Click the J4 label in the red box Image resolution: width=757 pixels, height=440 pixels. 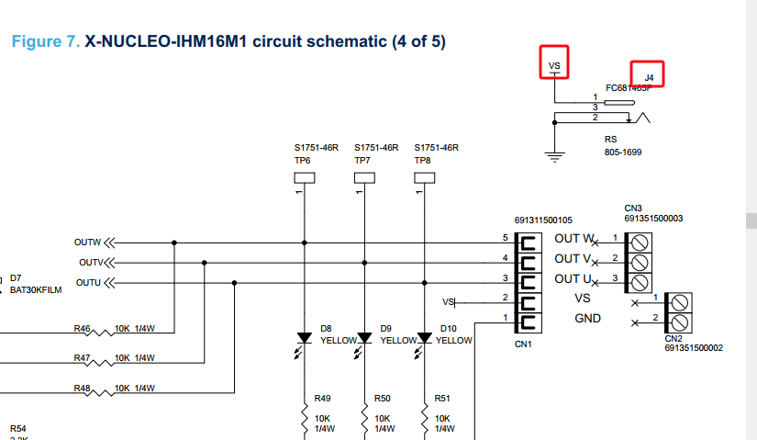(648, 77)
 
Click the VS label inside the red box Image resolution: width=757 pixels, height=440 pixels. (553, 66)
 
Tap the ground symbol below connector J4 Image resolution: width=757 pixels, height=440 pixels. (553, 155)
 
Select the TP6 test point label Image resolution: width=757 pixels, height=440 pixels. (302, 160)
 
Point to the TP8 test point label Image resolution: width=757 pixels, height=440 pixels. (422, 160)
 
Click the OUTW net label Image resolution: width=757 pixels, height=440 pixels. (86, 243)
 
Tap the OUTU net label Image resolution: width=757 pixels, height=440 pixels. (88, 282)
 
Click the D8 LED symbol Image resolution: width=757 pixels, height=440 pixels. (304, 339)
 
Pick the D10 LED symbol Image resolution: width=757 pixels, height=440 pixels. (424, 339)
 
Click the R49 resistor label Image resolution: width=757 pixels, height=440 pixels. (323, 399)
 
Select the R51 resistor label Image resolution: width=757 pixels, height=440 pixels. (442, 399)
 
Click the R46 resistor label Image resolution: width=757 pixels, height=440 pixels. (82, 328)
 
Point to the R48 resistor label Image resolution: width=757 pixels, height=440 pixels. (82, 389)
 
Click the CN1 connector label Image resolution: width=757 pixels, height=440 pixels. (524, 344)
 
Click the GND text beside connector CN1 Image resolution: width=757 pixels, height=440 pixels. (587, 319)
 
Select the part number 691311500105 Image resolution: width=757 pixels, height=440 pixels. (544, 220)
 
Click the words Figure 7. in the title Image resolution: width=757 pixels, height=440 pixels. (44, 42)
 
